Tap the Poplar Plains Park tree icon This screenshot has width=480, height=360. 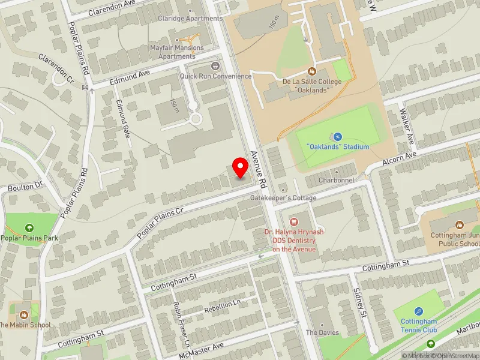click(29, 227)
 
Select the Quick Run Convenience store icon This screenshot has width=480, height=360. click(215, 65)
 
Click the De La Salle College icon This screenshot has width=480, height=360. click(311, 71)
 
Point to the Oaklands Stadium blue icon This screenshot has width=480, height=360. click(337, 137)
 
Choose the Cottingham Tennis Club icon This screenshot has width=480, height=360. click(418, 311)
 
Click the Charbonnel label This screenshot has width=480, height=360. click(336, 180)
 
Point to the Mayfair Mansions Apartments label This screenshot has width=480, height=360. click(177, 52)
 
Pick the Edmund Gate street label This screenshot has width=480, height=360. click(123, 119)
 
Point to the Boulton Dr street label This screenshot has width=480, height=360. click(25, 187)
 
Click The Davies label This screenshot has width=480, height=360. click(322, 332)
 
